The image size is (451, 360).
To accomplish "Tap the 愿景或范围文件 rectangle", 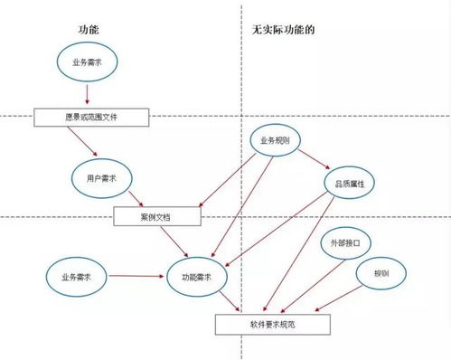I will click(89, 118).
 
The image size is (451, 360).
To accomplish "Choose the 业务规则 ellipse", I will click(275, 141).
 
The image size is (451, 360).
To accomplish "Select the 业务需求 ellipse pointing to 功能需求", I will click(75, 274).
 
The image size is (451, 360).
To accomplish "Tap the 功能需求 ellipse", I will click(197, 274).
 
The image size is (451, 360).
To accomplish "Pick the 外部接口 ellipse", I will click(345, 244).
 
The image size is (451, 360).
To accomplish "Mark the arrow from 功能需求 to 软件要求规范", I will click(230, 299).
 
